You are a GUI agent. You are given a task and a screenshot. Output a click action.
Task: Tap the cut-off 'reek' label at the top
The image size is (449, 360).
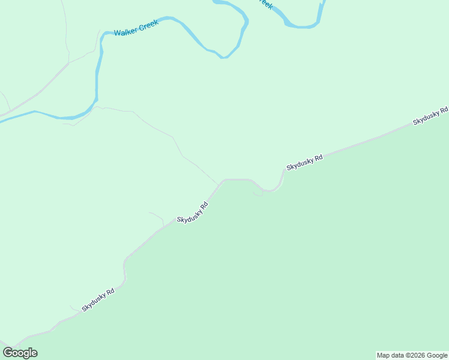[265, 4]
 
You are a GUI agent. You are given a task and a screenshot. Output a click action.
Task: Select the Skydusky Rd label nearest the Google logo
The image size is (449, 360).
[98, 299]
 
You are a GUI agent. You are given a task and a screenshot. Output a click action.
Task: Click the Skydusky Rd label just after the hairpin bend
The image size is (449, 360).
[304, 162]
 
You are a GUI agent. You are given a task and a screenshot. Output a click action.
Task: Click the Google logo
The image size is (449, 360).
[20, 353]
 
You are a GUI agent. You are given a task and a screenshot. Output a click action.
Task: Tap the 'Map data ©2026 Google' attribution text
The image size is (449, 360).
[412, 355]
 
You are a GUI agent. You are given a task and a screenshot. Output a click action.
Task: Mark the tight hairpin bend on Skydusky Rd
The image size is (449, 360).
[273, 190]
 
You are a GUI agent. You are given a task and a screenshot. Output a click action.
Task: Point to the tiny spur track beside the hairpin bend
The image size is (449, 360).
[258, 194]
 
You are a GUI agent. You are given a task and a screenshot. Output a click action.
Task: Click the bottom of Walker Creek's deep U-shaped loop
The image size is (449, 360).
[224, 57]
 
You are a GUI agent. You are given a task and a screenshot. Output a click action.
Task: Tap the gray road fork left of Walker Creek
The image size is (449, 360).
[70, 62]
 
